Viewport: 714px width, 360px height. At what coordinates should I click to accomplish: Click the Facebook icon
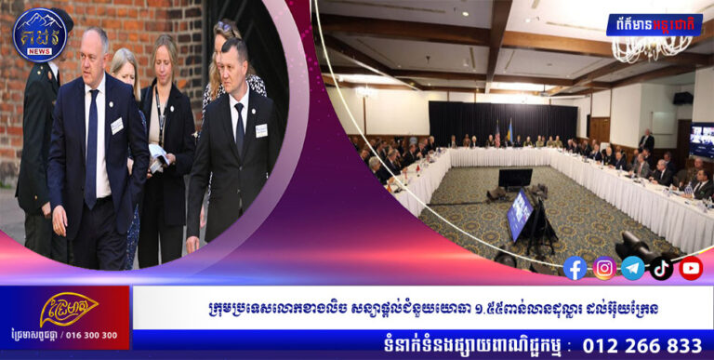(575, 268)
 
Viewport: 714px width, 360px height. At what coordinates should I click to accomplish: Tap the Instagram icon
(604, 268)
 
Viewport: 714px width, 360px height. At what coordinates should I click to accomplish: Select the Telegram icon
(633, 268)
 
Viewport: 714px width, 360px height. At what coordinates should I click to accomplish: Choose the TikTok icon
(662, 268)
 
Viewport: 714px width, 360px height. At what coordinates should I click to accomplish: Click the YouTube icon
(691, 268)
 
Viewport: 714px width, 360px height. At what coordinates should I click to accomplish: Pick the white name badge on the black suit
(261, 130)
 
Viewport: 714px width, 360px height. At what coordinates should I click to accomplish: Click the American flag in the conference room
(496, 135)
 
